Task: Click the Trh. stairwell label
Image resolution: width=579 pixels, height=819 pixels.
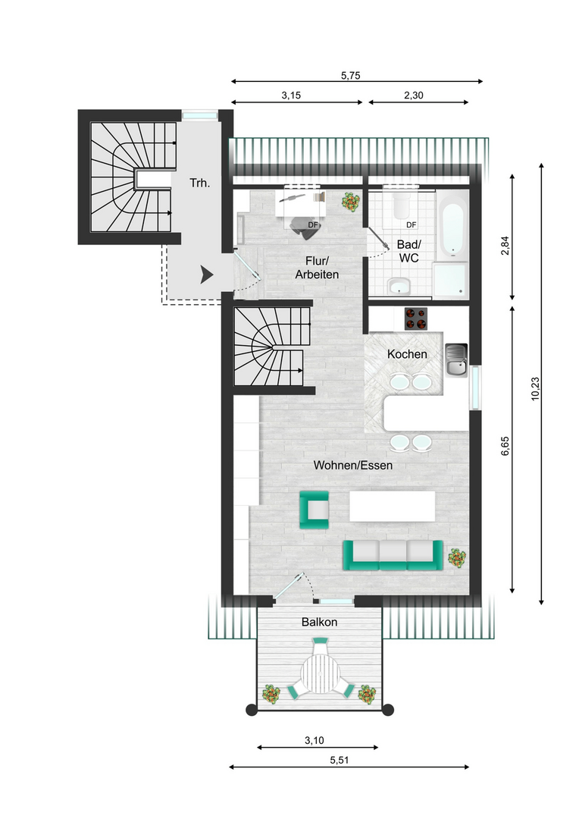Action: [x=199, y=183]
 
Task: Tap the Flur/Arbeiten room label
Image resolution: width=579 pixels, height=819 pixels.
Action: [x=317, y=268]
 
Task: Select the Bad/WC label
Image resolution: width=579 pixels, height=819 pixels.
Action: [x=408, y=251]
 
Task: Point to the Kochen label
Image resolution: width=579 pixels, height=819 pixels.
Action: [x=407, y=354]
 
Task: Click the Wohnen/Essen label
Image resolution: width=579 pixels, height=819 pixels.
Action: [x=353, y=466]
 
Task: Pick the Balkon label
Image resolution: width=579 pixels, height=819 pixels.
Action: [x=320, y=622]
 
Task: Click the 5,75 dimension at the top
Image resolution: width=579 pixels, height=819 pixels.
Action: [x=351, y=75]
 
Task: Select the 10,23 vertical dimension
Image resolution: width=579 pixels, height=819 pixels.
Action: [x=535, y=388]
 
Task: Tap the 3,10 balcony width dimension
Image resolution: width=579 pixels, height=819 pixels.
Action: [x=315, y=740]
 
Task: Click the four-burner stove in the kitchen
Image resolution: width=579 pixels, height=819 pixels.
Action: [x=415, y=318]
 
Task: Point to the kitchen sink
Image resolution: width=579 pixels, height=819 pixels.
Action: [x=456, y=360]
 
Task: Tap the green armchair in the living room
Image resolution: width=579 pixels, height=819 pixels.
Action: [x=315, y=510]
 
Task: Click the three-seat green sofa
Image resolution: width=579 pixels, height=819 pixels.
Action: [x=393, y=554]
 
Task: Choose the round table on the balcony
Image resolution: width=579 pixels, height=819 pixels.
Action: [x=321, y=674]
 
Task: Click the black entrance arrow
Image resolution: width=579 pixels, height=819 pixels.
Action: [x=207, y=275]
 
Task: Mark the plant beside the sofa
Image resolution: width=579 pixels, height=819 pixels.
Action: [x=457, y=558]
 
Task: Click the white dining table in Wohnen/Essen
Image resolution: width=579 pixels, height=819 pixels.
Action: [x=392, y=506]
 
